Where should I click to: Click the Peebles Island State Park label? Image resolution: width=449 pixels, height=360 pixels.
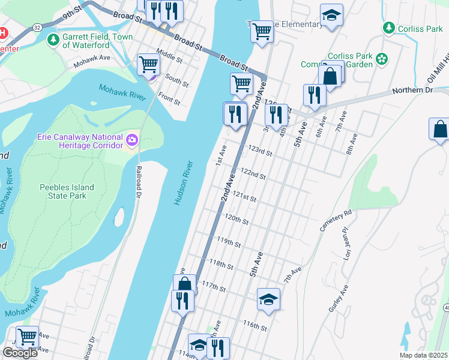[67, 191]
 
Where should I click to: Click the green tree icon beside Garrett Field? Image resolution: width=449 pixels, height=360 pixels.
[53, 40]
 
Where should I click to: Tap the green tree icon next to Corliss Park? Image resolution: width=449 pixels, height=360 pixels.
[389, 28]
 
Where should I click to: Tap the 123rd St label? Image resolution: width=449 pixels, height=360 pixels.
[261, 150]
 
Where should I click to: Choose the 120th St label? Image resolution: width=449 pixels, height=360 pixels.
[237, 219]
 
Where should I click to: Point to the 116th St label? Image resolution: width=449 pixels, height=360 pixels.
[255, 326]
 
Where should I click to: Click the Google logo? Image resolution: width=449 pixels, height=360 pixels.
[20, 353]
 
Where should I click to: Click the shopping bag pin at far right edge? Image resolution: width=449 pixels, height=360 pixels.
[439, 130]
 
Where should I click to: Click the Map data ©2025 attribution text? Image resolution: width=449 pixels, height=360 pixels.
[423, 355]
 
